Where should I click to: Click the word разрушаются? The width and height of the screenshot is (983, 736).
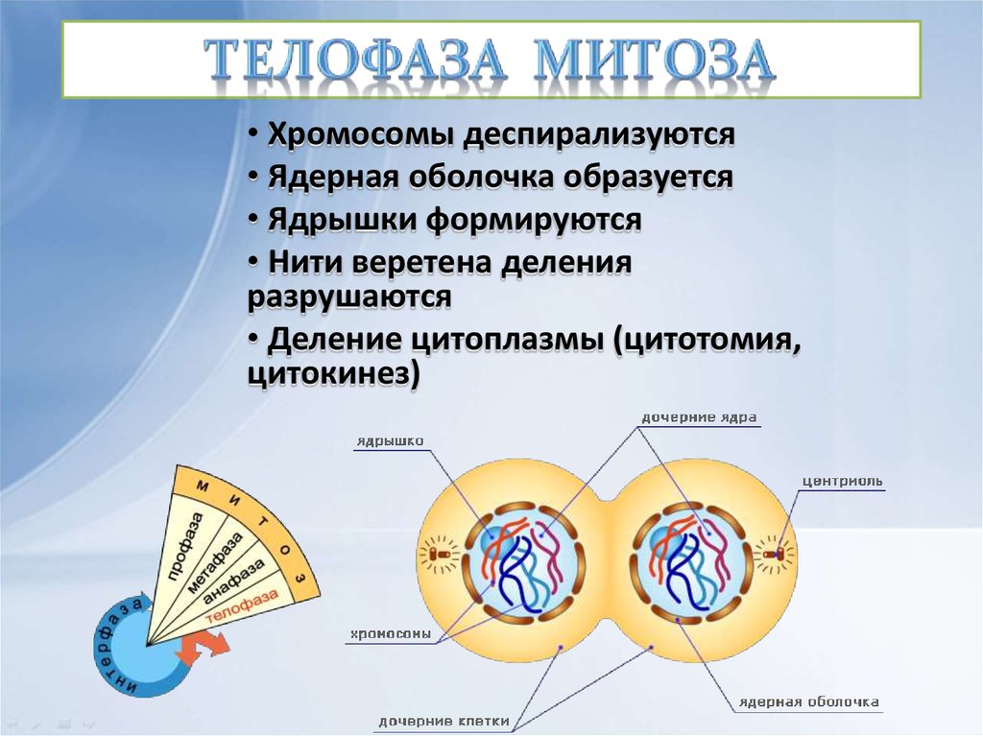pos(349,297)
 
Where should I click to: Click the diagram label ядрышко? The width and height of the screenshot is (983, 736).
pos(389,441)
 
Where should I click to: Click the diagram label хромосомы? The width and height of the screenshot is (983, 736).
pos(390,634)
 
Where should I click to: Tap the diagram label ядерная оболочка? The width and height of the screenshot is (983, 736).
pos(808,701)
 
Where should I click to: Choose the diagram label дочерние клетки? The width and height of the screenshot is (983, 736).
pos(444,721)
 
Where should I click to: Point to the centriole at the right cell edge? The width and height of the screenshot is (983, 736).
pos(780,554)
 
